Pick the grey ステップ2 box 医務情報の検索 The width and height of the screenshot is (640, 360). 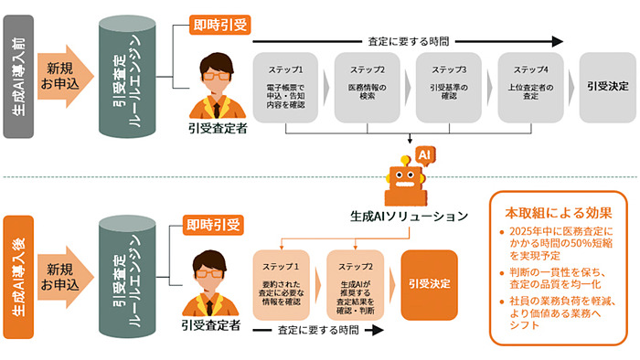point(366,89)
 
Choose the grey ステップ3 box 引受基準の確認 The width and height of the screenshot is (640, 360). point(446,89)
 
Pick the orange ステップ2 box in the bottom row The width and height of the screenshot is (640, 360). point(356,284)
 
